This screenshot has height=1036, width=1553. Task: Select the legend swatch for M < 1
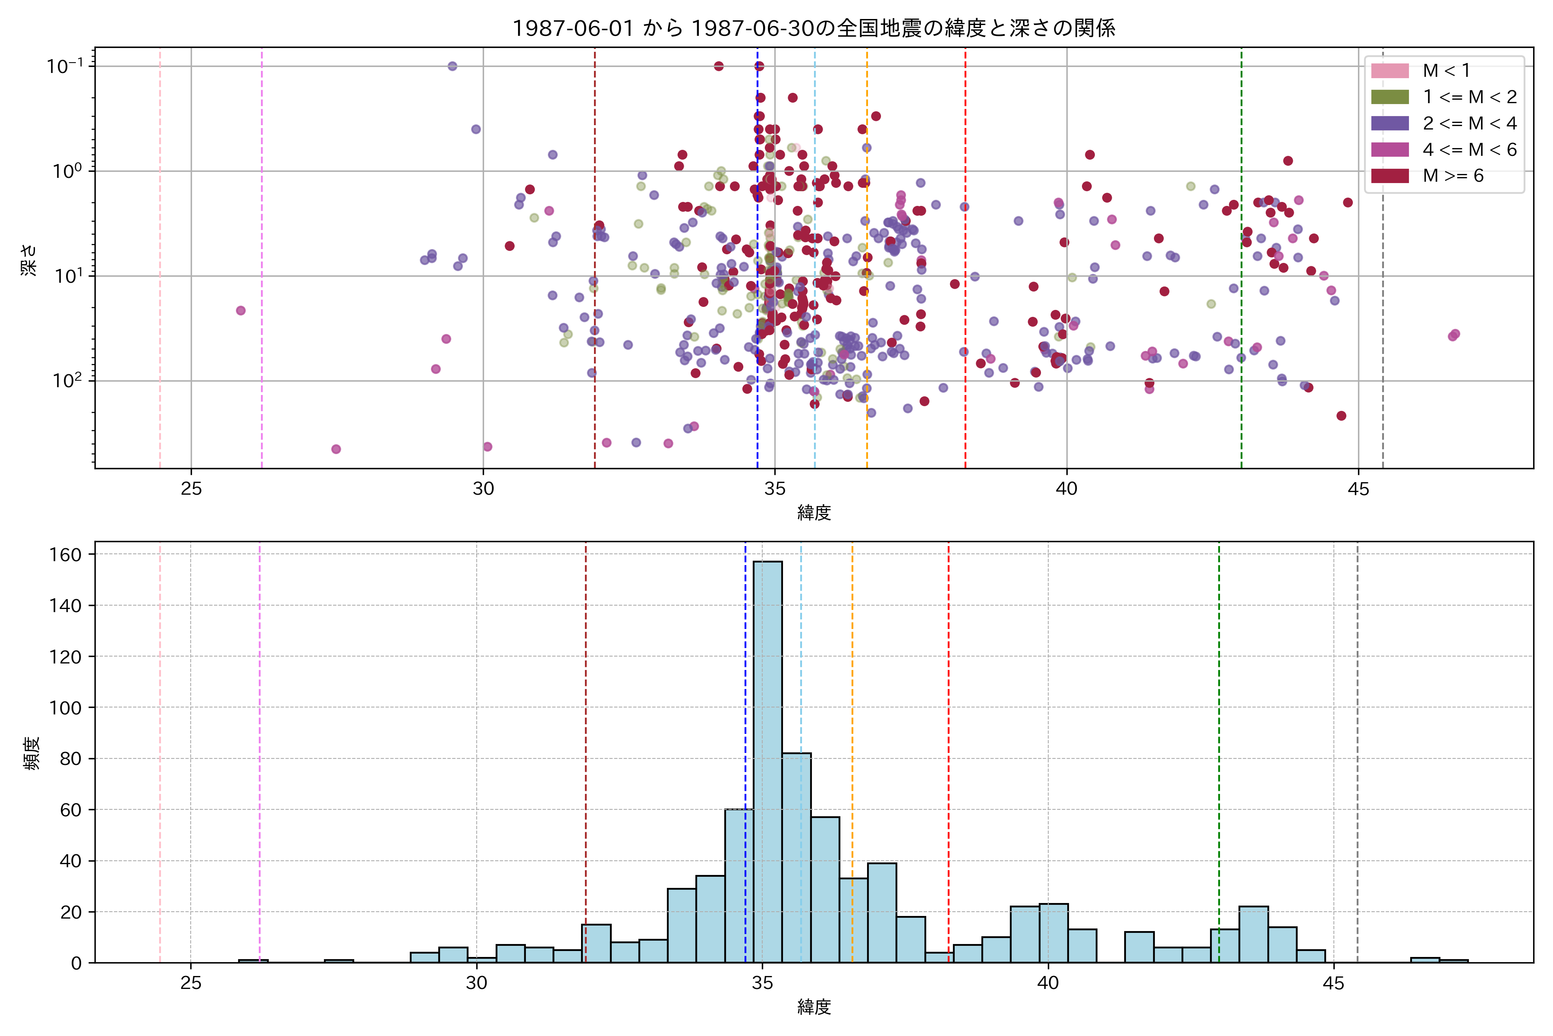(1390, 71)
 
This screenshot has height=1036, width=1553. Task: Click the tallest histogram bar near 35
(767, 760)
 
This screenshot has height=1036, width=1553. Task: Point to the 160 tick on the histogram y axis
(66, 555)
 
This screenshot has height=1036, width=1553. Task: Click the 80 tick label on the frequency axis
(71, 758)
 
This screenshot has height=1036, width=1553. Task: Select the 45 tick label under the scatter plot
(1358, 490)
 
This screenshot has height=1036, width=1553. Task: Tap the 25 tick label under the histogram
(191, 983)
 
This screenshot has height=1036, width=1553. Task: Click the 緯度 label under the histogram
(814, 1007)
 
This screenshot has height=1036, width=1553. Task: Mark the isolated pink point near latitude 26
(241, 310)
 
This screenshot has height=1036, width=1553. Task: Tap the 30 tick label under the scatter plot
(483, 490)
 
